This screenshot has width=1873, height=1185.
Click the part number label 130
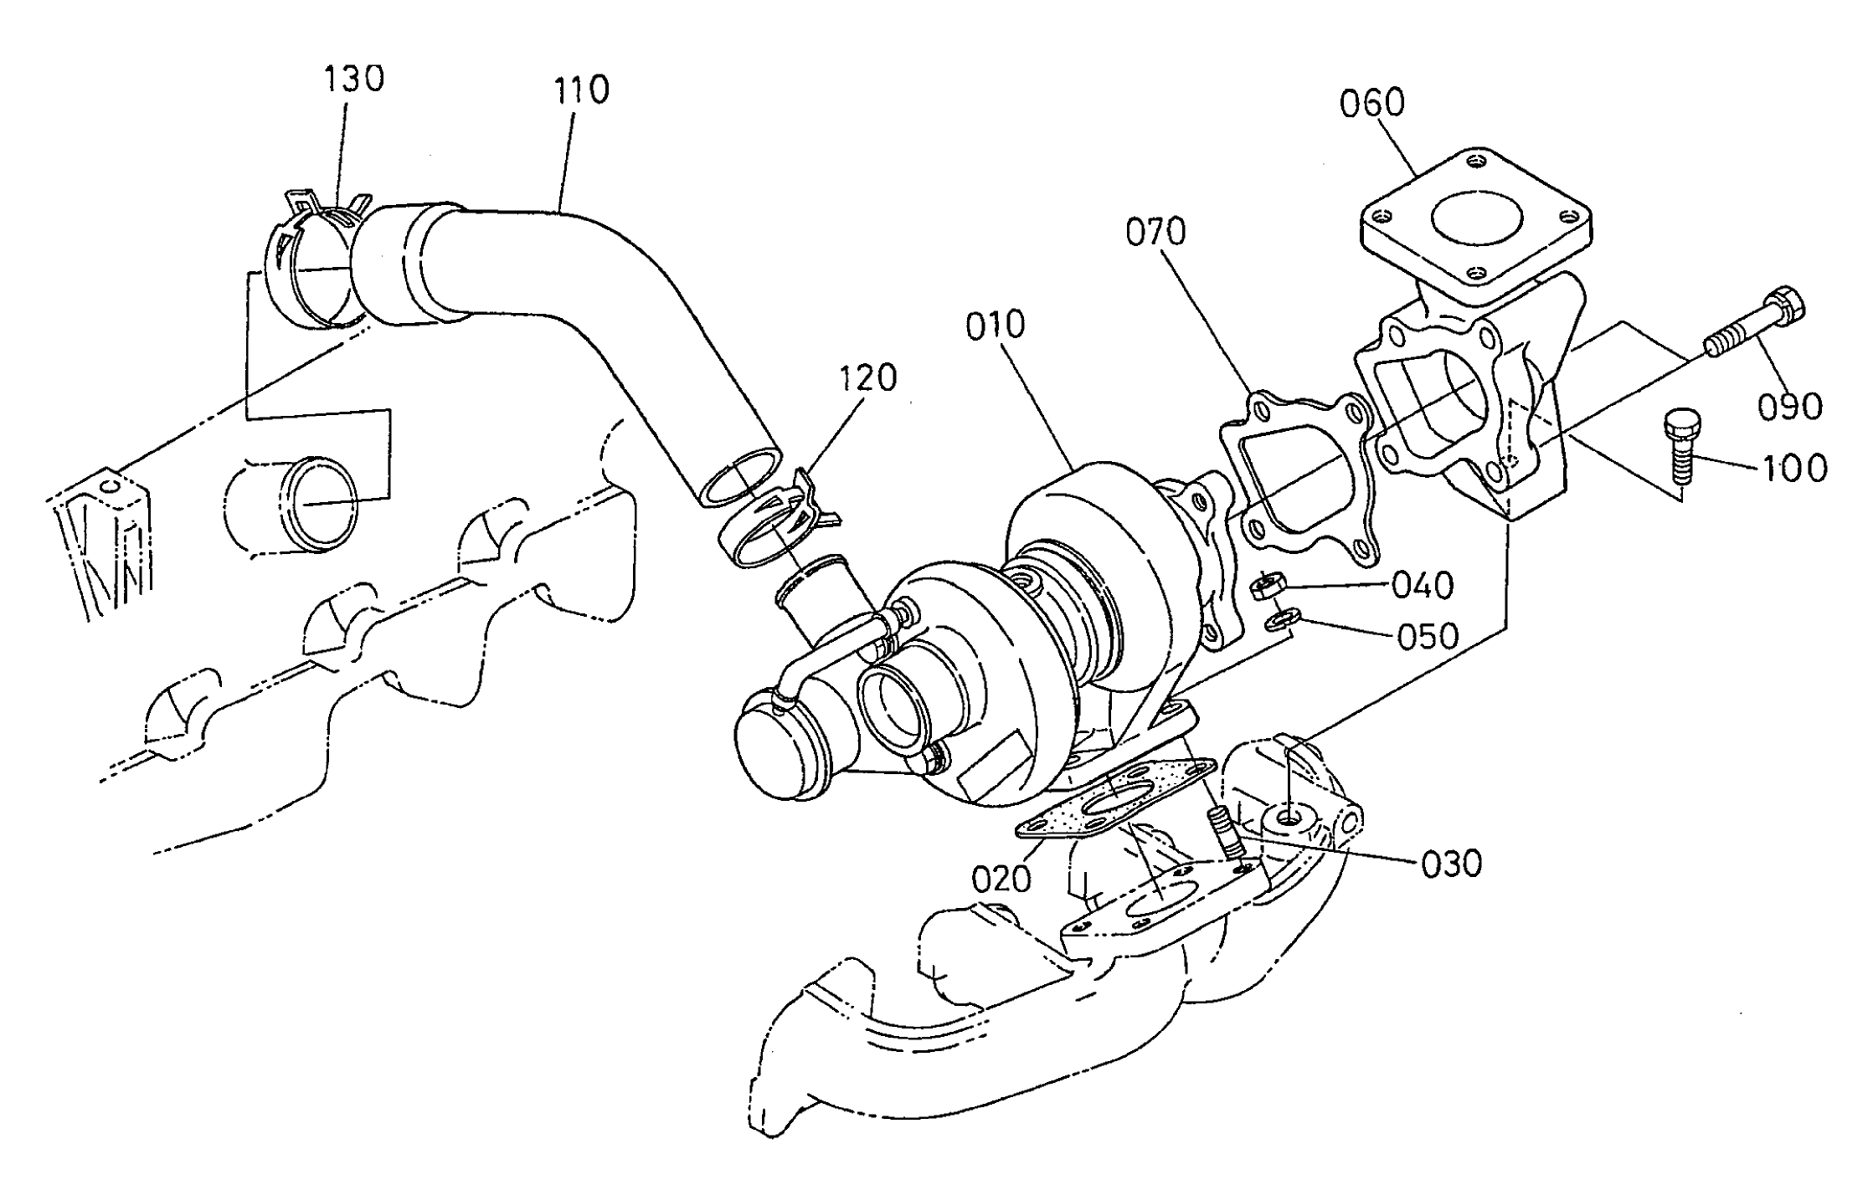[353, 80]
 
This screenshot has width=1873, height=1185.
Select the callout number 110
[581, 90]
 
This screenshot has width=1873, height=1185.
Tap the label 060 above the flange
[1371, 104]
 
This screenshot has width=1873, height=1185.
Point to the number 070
[1155, 232]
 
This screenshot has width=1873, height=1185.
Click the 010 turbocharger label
[995, 326]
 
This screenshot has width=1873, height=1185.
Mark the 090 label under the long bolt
[1788, 407]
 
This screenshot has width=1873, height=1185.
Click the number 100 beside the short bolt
[1793, 469]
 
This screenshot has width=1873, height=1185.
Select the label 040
[1422, 586]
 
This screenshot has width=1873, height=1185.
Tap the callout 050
[1428, 636]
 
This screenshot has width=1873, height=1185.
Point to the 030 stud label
[1451, 864]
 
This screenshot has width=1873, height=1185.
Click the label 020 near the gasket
[1001, 879]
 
